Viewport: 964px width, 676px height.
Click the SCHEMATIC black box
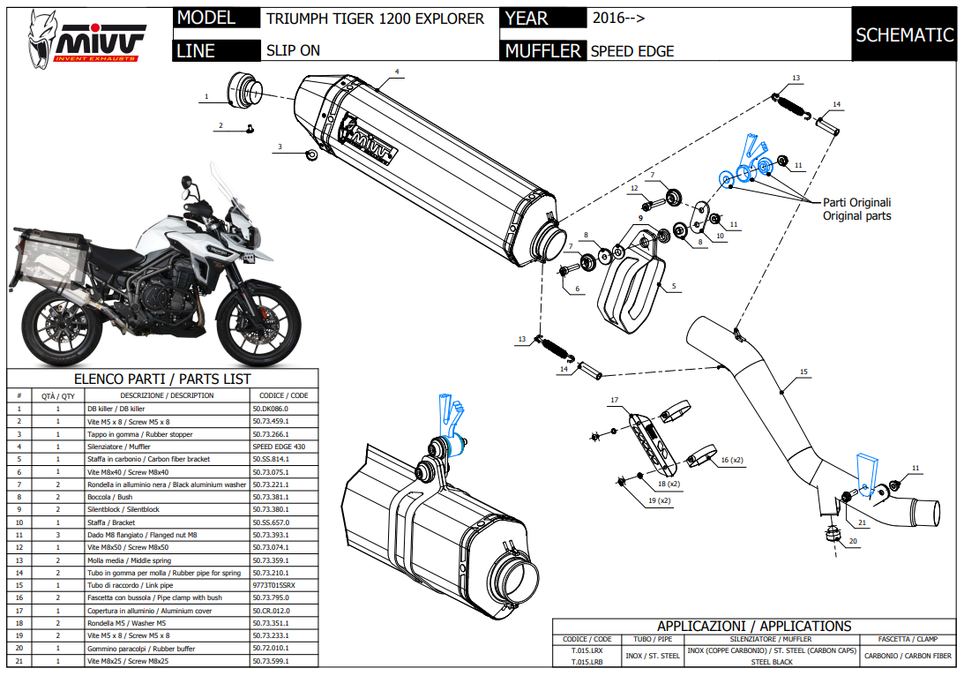click(x=904, y=35)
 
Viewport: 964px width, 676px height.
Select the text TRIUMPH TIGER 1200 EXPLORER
click(x=375, y=19)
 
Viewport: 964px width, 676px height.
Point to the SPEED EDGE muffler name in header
click(x=631, y=51)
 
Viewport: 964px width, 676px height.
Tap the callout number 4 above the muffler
click(x=397, y=71)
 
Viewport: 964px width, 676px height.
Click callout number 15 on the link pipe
click(x=803, y=372)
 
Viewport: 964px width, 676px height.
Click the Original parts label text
click(x=856, y=216)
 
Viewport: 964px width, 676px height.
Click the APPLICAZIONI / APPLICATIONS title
click(x=753, y=626)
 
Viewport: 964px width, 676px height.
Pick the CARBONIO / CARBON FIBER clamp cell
click(x=908, y=656)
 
